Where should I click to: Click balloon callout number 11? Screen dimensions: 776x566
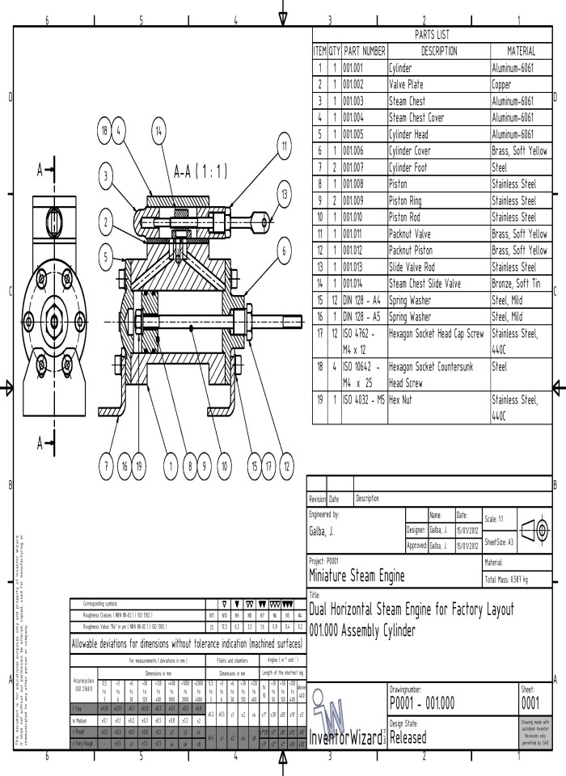(x=284, y=146)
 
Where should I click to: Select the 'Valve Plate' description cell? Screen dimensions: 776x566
(x=437, y=84)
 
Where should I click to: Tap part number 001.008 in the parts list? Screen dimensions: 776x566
(x=364, y=183)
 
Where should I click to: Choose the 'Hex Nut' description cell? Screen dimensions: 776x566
(x=437, y=399)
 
